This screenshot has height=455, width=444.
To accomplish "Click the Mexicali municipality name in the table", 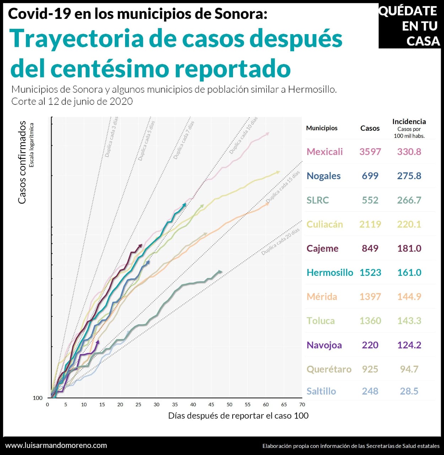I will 325,152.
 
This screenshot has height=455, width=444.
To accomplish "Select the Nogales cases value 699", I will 370,176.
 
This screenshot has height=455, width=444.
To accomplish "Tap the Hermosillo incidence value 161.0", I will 409,273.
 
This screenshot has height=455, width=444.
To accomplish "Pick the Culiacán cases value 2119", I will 370,224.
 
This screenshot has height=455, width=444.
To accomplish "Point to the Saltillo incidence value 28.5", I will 409,391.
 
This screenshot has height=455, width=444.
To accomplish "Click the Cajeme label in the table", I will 322,248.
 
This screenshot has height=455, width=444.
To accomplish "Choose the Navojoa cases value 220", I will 370,345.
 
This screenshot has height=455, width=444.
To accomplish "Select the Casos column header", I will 370,128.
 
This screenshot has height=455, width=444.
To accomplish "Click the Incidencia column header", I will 409,122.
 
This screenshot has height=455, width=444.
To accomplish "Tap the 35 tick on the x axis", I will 175,405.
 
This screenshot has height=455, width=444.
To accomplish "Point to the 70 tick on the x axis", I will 302,405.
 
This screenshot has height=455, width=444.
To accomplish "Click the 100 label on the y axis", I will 38,398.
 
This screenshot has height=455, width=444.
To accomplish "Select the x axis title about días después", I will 238,416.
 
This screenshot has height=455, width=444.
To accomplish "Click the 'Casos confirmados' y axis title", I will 22,162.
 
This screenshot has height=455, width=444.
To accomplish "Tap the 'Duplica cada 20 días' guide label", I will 281,242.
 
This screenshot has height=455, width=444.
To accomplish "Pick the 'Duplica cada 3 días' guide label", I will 111,137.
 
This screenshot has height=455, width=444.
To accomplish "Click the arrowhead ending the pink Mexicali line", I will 267,134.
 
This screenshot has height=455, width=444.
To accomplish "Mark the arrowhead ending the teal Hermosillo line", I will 184,205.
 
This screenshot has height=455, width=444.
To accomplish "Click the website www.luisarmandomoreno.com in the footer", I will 56,445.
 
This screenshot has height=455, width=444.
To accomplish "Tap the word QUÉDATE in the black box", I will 408,11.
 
